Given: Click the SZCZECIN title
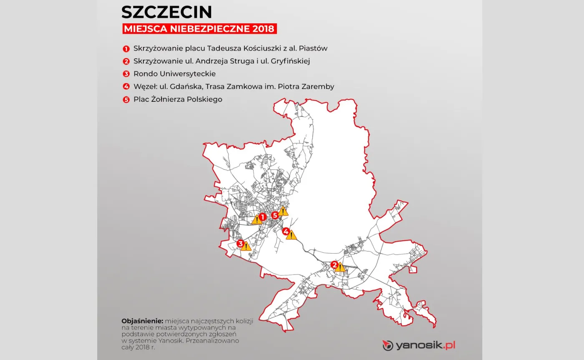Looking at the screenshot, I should tap(167, 12).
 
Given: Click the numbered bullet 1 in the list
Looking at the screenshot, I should tap(126, 48).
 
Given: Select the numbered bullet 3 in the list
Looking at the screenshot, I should tap(126, 74).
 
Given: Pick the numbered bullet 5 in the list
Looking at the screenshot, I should tap(126, 100).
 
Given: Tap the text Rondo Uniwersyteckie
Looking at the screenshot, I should tap(174, 74).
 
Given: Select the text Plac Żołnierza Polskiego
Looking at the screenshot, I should tap(178, 100).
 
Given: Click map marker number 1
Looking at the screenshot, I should tap(262, 217).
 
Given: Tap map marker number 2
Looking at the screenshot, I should tap(334, 264).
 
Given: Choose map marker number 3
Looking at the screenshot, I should tap(240, 243).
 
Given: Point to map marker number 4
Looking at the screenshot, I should tap(286, 231).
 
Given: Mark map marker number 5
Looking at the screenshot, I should tap(274, 215).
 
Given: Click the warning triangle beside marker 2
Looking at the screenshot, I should tap(340, 267).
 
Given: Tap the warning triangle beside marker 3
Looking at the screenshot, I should tap(246, 246).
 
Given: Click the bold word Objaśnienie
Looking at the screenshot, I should tap(142, 321).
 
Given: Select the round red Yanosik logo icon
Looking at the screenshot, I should tap(388, 345).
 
